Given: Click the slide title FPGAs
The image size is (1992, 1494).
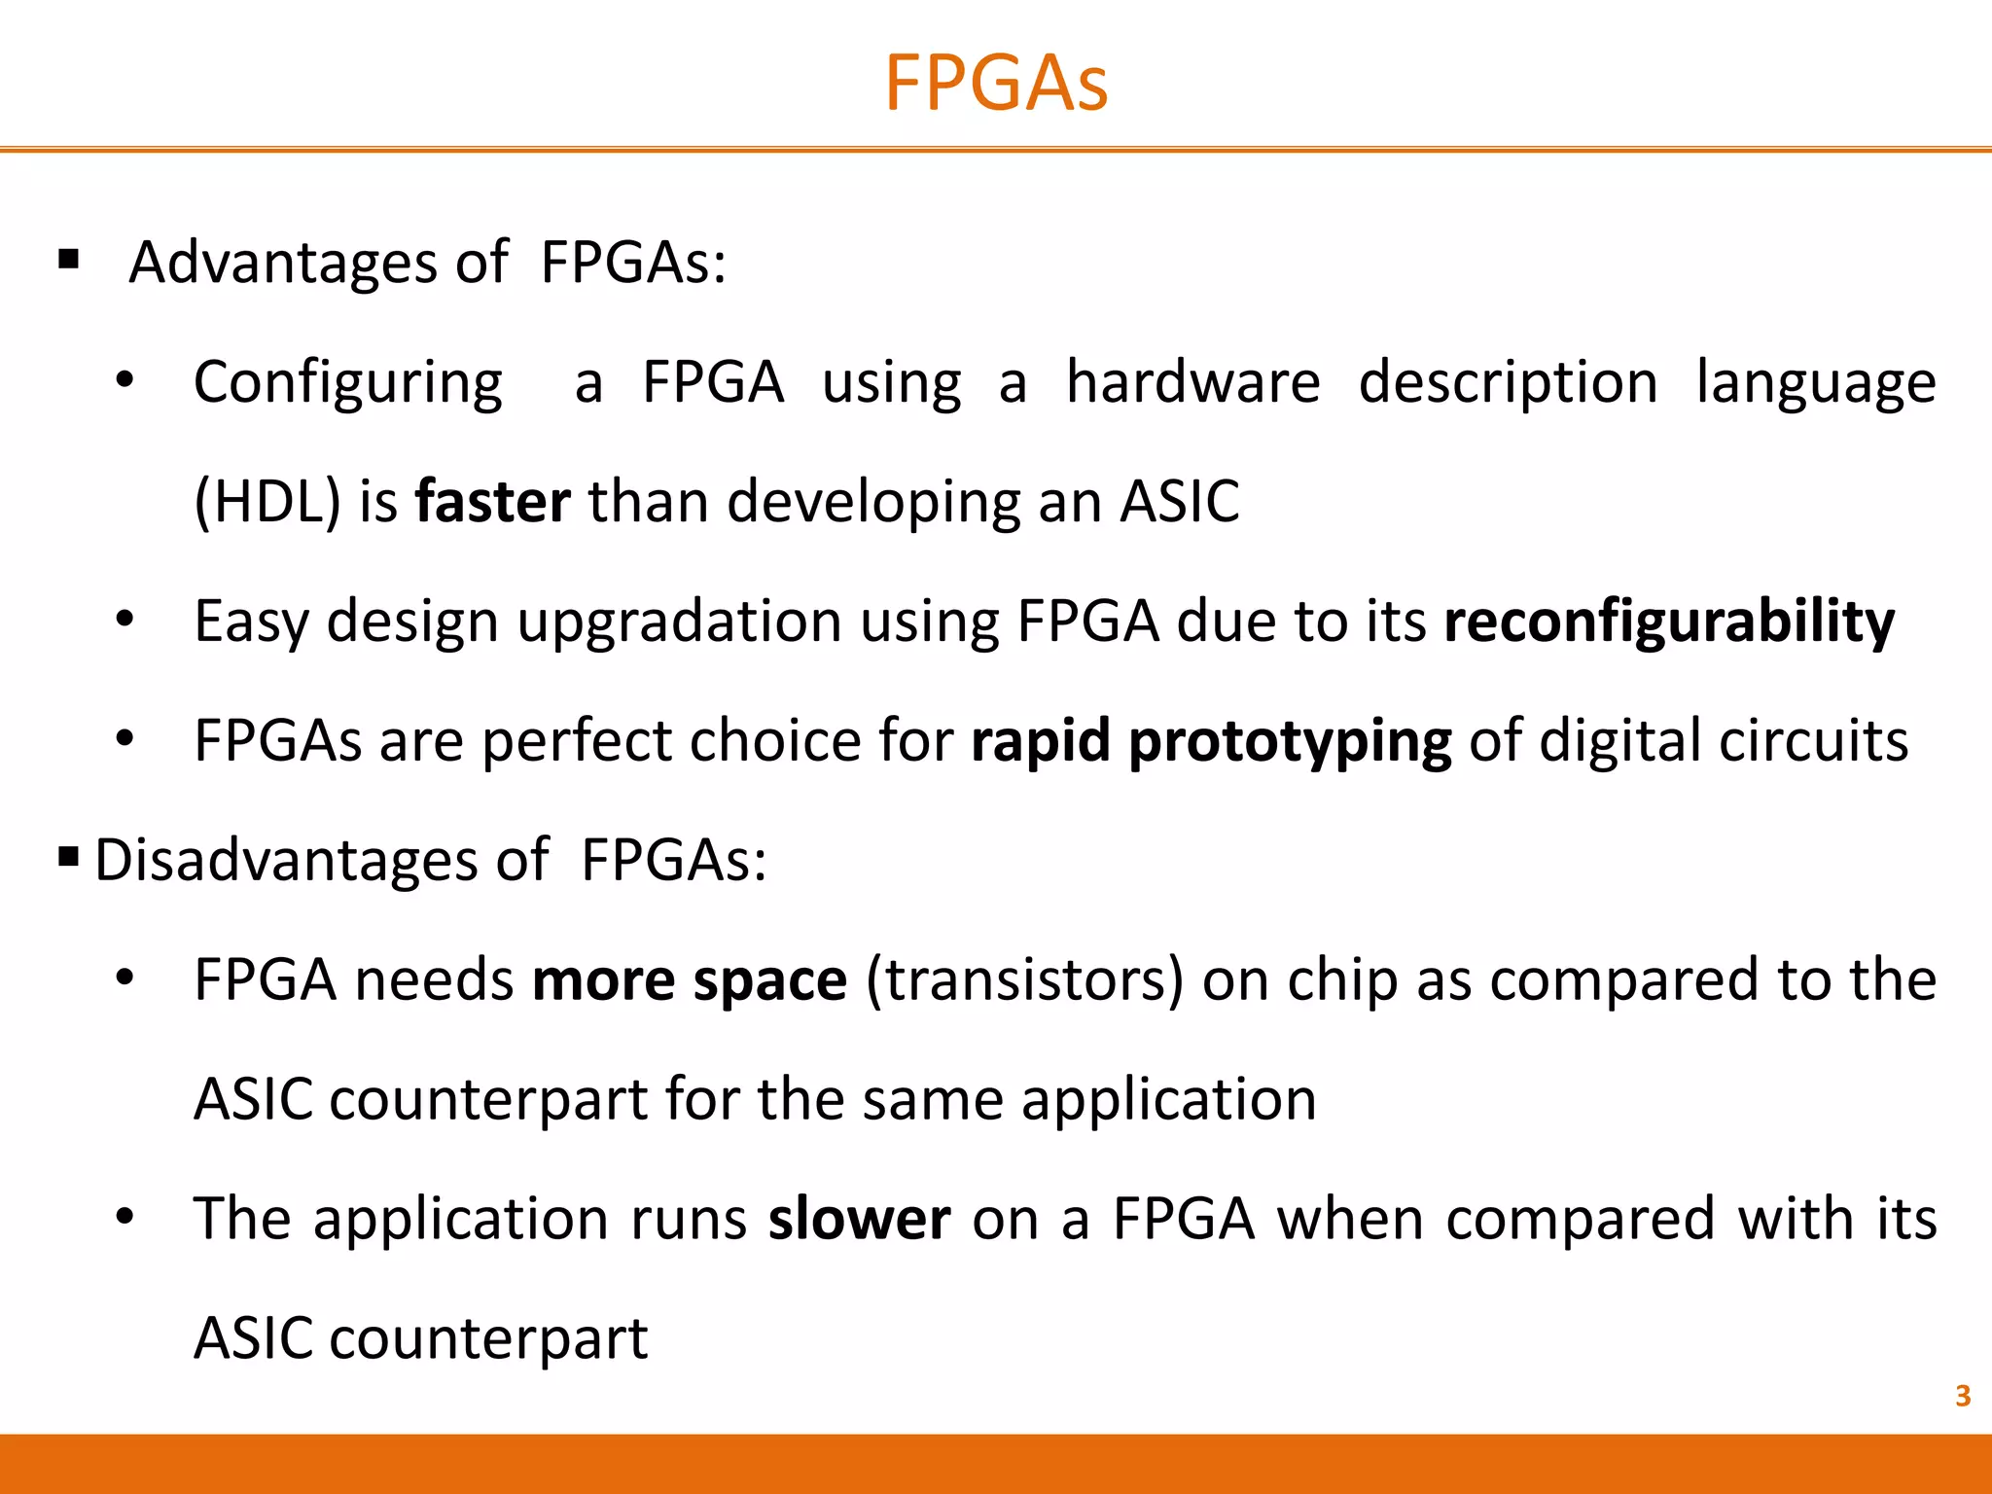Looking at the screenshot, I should coord(996,84).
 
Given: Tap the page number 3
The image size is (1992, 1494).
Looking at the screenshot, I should coord(1963,1396).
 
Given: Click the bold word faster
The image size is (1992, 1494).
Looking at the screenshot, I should coord(492,502).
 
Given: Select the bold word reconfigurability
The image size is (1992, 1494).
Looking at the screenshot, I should coord(1669,622).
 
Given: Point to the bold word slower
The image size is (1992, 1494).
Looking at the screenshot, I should coord(859,1219).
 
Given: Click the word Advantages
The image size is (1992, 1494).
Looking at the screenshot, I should coord(283,263).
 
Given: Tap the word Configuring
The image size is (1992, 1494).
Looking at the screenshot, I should coord(348,383).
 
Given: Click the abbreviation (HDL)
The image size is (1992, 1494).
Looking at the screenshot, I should coord(267,502).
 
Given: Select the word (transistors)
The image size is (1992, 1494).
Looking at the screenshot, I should coord(1024,979).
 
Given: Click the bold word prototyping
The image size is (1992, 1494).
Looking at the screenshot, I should coord(1290,742).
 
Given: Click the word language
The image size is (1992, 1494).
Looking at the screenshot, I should coord(1816,383).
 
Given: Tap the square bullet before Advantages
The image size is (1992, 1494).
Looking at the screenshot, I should coord(68,260).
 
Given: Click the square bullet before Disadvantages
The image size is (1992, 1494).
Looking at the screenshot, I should coord(68,857).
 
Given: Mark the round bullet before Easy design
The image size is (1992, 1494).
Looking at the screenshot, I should coord(124,620).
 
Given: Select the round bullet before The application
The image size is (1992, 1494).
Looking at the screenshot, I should coord(124,1217).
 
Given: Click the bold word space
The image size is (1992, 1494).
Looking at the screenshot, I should coord(769,981).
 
